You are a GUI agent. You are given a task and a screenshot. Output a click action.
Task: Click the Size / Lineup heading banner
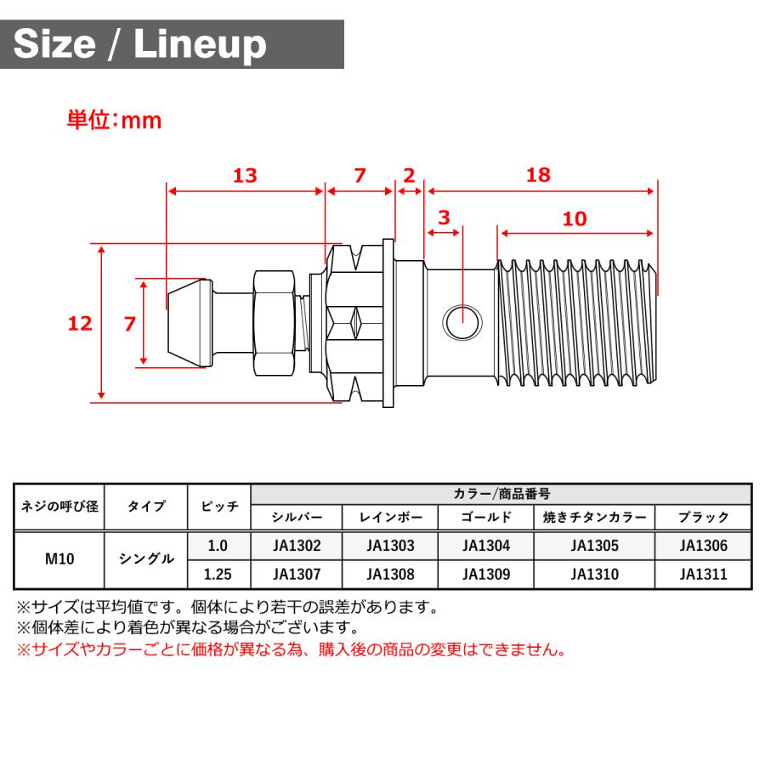click(174, 44)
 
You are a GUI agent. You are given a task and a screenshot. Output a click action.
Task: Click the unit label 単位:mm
click(115, 120)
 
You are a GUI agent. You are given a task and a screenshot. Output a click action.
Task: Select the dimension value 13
click(245, 175)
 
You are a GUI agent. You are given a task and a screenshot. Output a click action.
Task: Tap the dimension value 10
click(575, 218)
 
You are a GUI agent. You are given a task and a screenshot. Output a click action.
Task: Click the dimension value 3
click(443, 218)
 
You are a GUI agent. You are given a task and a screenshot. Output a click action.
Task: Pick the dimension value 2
click(409, 175)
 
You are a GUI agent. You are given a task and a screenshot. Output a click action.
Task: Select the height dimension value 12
click(81, 323)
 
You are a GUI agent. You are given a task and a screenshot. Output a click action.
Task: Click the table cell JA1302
click(297, 546)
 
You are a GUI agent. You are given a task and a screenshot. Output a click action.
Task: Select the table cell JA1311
click(704, 574)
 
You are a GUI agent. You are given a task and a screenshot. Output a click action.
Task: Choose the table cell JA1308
click(390, 574)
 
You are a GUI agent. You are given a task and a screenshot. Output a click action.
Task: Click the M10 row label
click(59, 559)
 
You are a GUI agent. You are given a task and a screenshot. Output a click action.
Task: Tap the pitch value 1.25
click(218, 574)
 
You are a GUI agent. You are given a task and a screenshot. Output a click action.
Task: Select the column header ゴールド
click(486, 517)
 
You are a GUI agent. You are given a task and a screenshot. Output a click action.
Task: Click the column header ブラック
click(704, 517)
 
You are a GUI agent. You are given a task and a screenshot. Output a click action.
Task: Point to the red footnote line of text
click(292, 650)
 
